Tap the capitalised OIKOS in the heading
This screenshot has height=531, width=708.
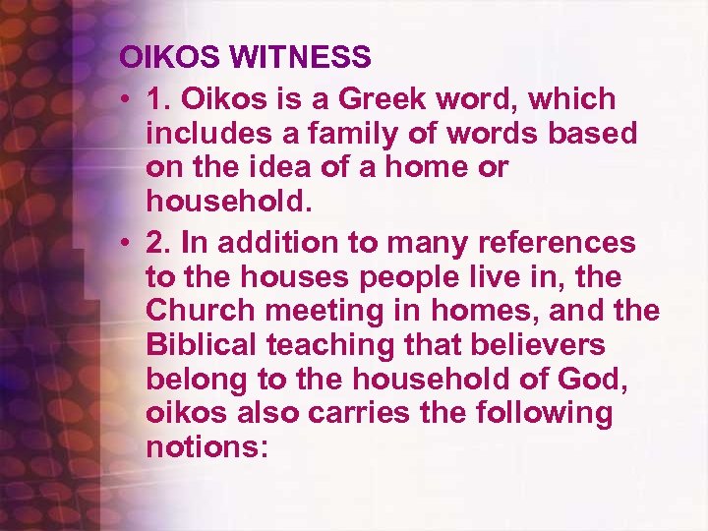[x=172, y=57]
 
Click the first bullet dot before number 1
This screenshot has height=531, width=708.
[x=129, y=99]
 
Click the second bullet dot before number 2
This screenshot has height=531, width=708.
[x=129, y=242]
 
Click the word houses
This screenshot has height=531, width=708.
[x=275, y=276]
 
